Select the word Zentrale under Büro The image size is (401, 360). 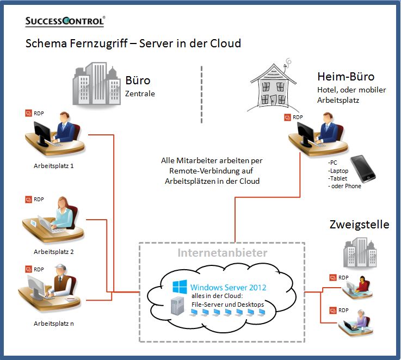[x=140, y=94]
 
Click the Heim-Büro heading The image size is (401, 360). [x=346, y=76]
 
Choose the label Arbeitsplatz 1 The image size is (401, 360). [x=54, y=166]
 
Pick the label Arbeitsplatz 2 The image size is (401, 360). [x=54, y=252]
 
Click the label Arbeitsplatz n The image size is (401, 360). [x=54, y=324]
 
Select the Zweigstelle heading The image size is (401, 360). [x=359, y=224]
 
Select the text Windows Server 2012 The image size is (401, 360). [x=228, y=287]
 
